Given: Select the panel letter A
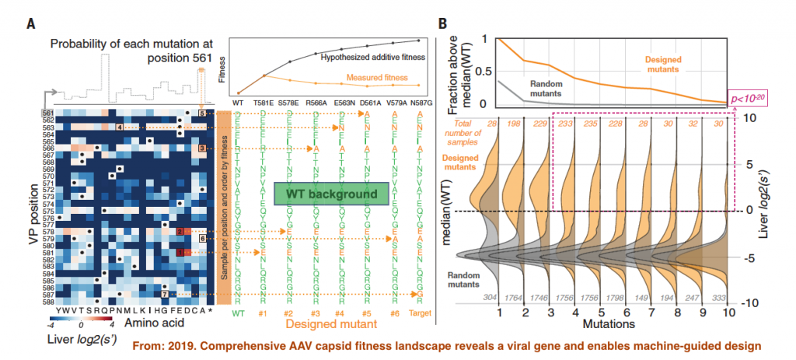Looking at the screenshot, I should tap(30, 24).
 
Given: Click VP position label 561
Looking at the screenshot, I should tap(48, 113).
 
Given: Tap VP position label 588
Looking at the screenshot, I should tap(48, 302).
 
